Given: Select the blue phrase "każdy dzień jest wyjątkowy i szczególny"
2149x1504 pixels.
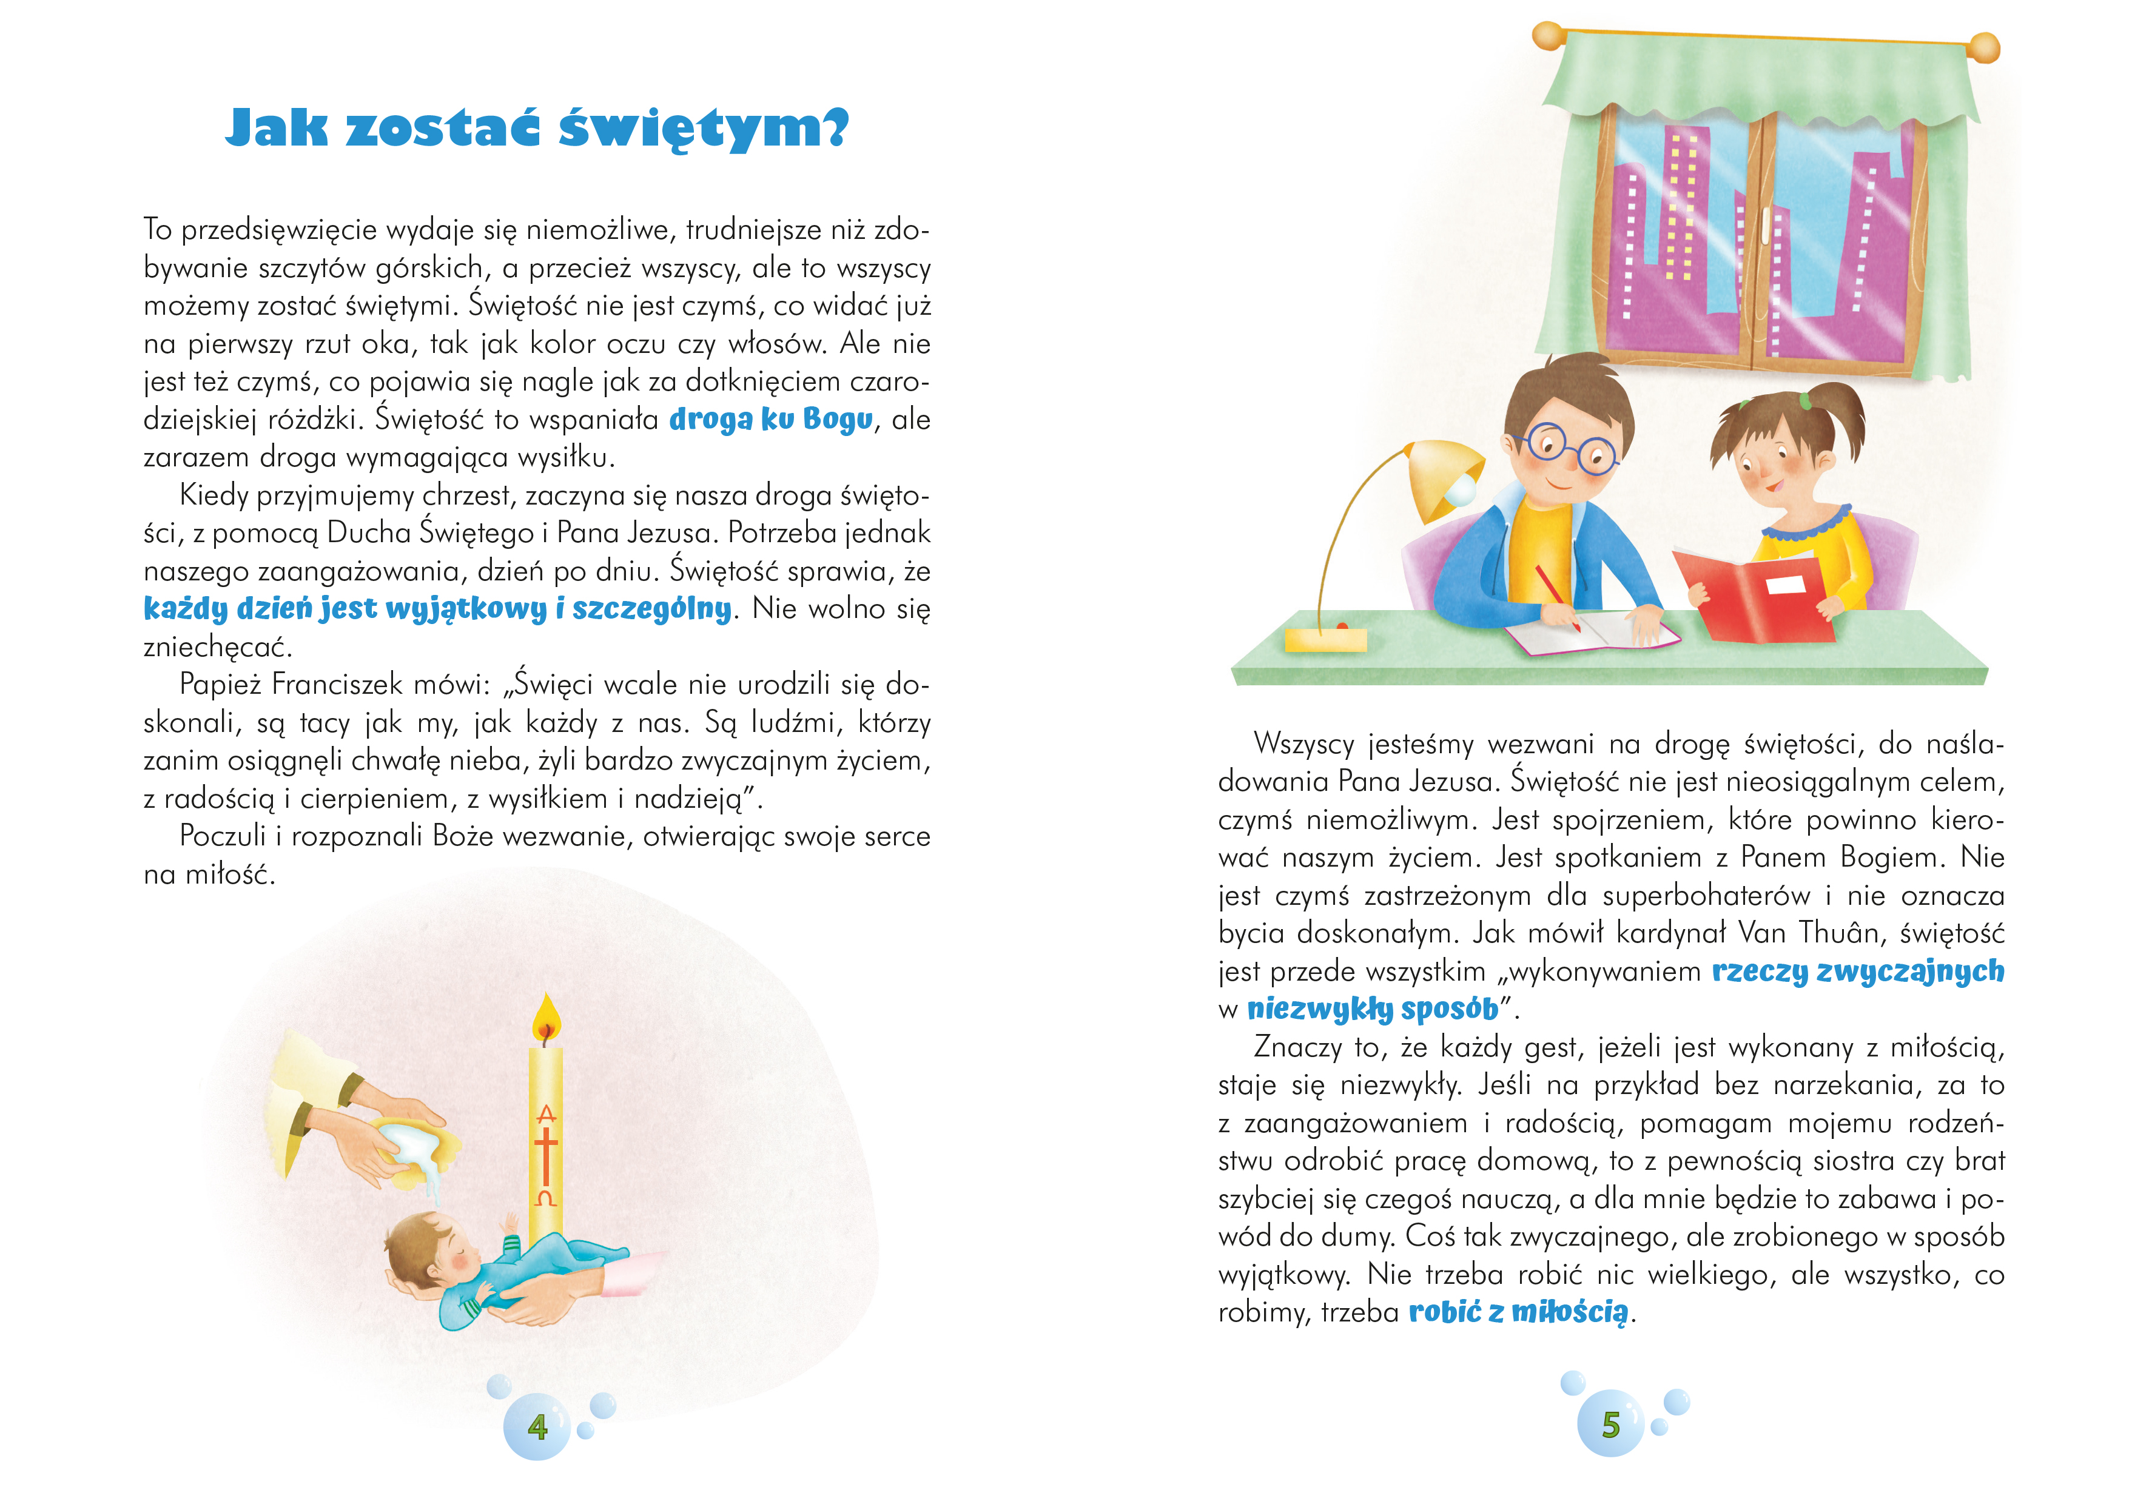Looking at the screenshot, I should tap(437, 609).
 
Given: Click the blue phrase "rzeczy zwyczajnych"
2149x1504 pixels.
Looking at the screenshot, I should tap(1858, 972).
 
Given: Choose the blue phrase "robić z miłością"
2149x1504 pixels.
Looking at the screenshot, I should tap(1518, 1312).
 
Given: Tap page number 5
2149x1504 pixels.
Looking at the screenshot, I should tap(1610, 1425).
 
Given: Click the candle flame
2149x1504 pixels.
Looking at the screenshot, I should tap(546, 1019).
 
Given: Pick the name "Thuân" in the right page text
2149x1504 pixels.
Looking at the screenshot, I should tap(1837, 933).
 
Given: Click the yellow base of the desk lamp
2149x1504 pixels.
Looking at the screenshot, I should tap(1325, 640).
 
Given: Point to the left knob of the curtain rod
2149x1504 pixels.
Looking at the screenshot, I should tap(1548, 36).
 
